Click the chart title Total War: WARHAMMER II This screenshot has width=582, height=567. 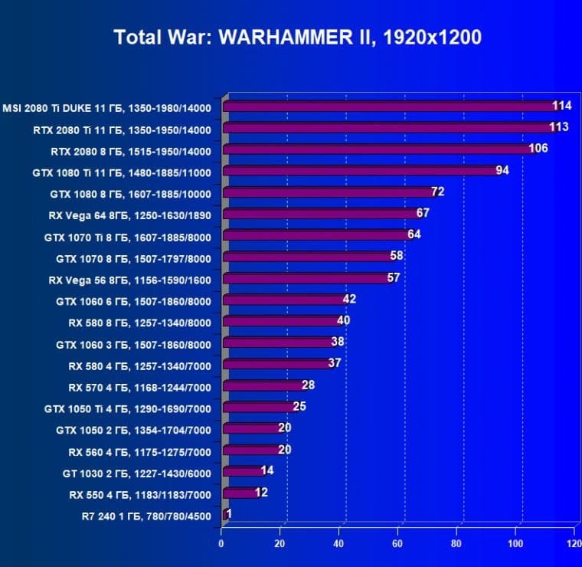[x=298, y=38]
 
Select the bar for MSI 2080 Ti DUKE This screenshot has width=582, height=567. [x=391, y=106]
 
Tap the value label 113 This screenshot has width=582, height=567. [x=558, y=126]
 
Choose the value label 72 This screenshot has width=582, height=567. [x=437, y=191]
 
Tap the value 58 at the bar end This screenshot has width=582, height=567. [x=396, y=255]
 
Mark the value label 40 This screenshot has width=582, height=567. [x=343, y=320]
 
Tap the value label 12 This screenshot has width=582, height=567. [x=261, y=492]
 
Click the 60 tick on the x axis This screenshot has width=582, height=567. [x=397, y=544]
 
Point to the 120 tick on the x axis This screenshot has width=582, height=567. [x=574, y=544]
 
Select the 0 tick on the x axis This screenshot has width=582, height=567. [x=221, y=544]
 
